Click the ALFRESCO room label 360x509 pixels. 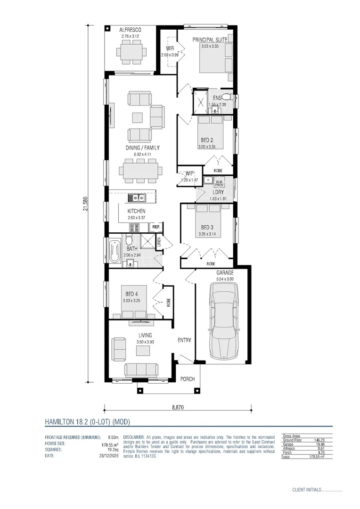pos(131,30)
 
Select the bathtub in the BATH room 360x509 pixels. pos(115,252)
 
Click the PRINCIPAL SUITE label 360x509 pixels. pos(210,40)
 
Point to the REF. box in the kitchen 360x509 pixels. pos(156,227)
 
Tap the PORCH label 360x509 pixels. pos(188,379)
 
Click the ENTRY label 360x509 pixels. pos(184,340)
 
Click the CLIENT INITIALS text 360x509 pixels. pos(307,490)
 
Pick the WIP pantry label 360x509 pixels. pos(189,173)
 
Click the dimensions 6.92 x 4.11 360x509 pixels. pos(142,154)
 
